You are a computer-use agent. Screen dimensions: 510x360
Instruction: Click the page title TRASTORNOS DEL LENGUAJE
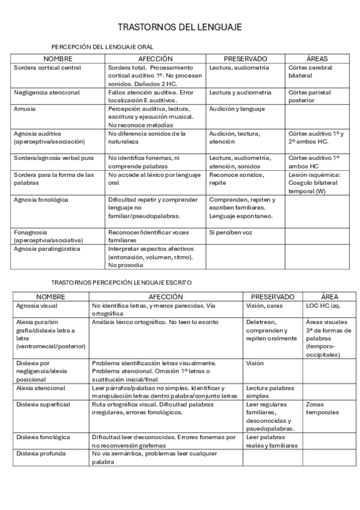click(180, 28)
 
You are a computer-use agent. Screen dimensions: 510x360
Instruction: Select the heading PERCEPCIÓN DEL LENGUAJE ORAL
click(102, 47)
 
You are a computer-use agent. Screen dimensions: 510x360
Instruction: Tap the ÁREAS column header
click(317, 59)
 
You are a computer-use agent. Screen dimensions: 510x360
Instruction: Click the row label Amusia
click(25, 109)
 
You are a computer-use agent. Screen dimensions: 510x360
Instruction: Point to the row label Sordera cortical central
click(47, 68)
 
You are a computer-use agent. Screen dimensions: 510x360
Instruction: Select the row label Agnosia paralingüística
click(47, 248)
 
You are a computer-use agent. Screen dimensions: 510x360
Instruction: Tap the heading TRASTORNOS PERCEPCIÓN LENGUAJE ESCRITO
click(121, 281)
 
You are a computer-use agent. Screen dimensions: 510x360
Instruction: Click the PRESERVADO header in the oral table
click(245, 59)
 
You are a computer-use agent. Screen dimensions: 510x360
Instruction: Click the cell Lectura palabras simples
click(270, 392)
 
